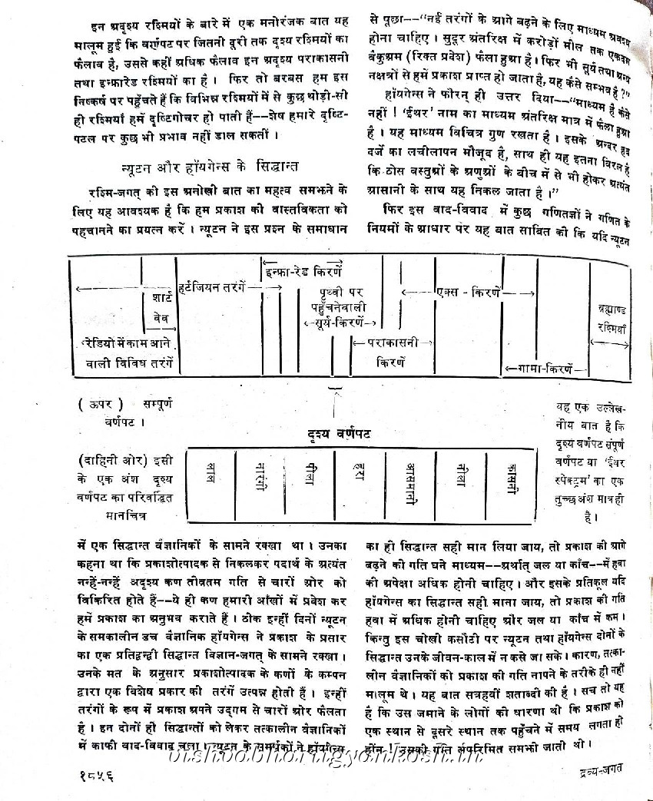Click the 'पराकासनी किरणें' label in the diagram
point(391,350)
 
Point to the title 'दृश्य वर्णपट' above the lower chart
point(335,434)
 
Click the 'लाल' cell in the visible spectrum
point(210,472)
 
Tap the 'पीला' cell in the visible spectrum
point(307,473)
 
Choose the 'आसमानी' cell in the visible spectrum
point(408,482)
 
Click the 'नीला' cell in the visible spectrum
point(459,473)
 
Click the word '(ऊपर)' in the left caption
point(95,404)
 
